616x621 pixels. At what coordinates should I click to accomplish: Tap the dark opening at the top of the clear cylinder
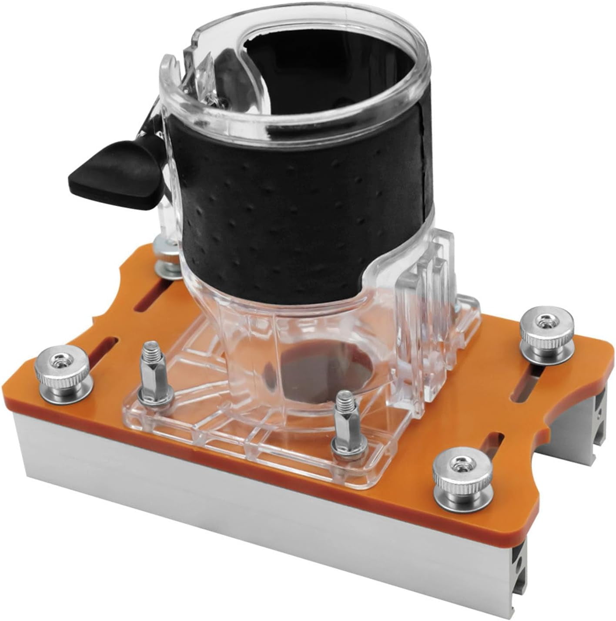pos(331,65)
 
